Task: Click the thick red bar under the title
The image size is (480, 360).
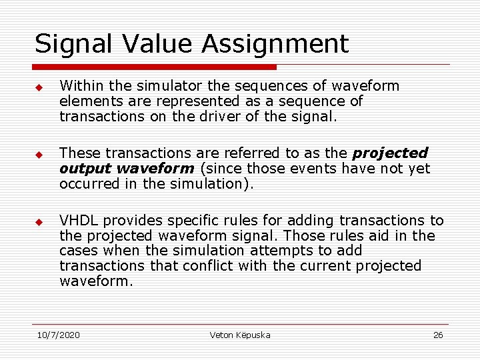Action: coord(155,67)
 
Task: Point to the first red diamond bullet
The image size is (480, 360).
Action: coord(39,87)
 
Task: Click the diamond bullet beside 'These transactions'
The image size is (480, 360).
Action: coord(39,154)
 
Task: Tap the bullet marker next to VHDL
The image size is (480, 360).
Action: coord(39,221)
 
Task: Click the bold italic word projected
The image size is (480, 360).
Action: coord(390,153)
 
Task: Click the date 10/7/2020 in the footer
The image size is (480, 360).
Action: coord(58,335)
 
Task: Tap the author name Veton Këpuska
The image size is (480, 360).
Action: coord(240,335)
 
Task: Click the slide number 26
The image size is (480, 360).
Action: coord(438,335)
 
